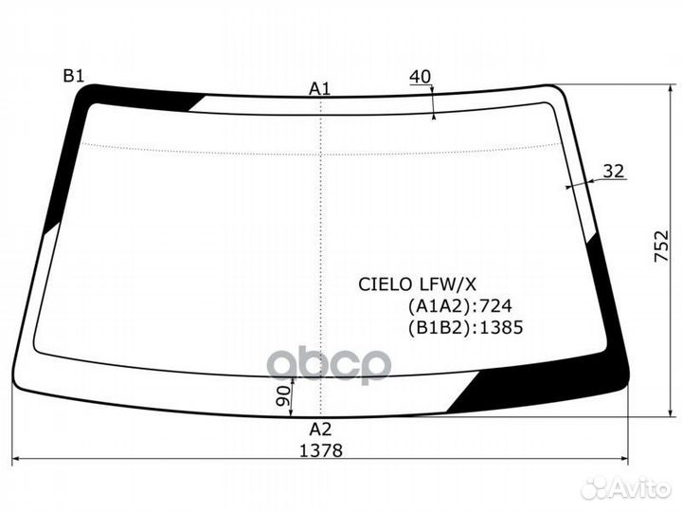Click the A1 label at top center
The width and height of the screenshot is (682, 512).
click(x=320, y=88)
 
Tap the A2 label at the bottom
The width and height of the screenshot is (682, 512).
click(x=320, y=428)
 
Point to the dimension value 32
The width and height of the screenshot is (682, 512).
click(x=614, y=172)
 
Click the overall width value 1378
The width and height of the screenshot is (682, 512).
click(x=320, y=450)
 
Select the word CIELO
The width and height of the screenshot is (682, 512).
click(x=382, y=283)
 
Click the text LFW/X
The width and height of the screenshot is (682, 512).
click(x=438, y=283)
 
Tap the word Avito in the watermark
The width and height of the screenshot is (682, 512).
click(x=641, y=488)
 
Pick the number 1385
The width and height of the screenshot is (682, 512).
click(x=503, y=328)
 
